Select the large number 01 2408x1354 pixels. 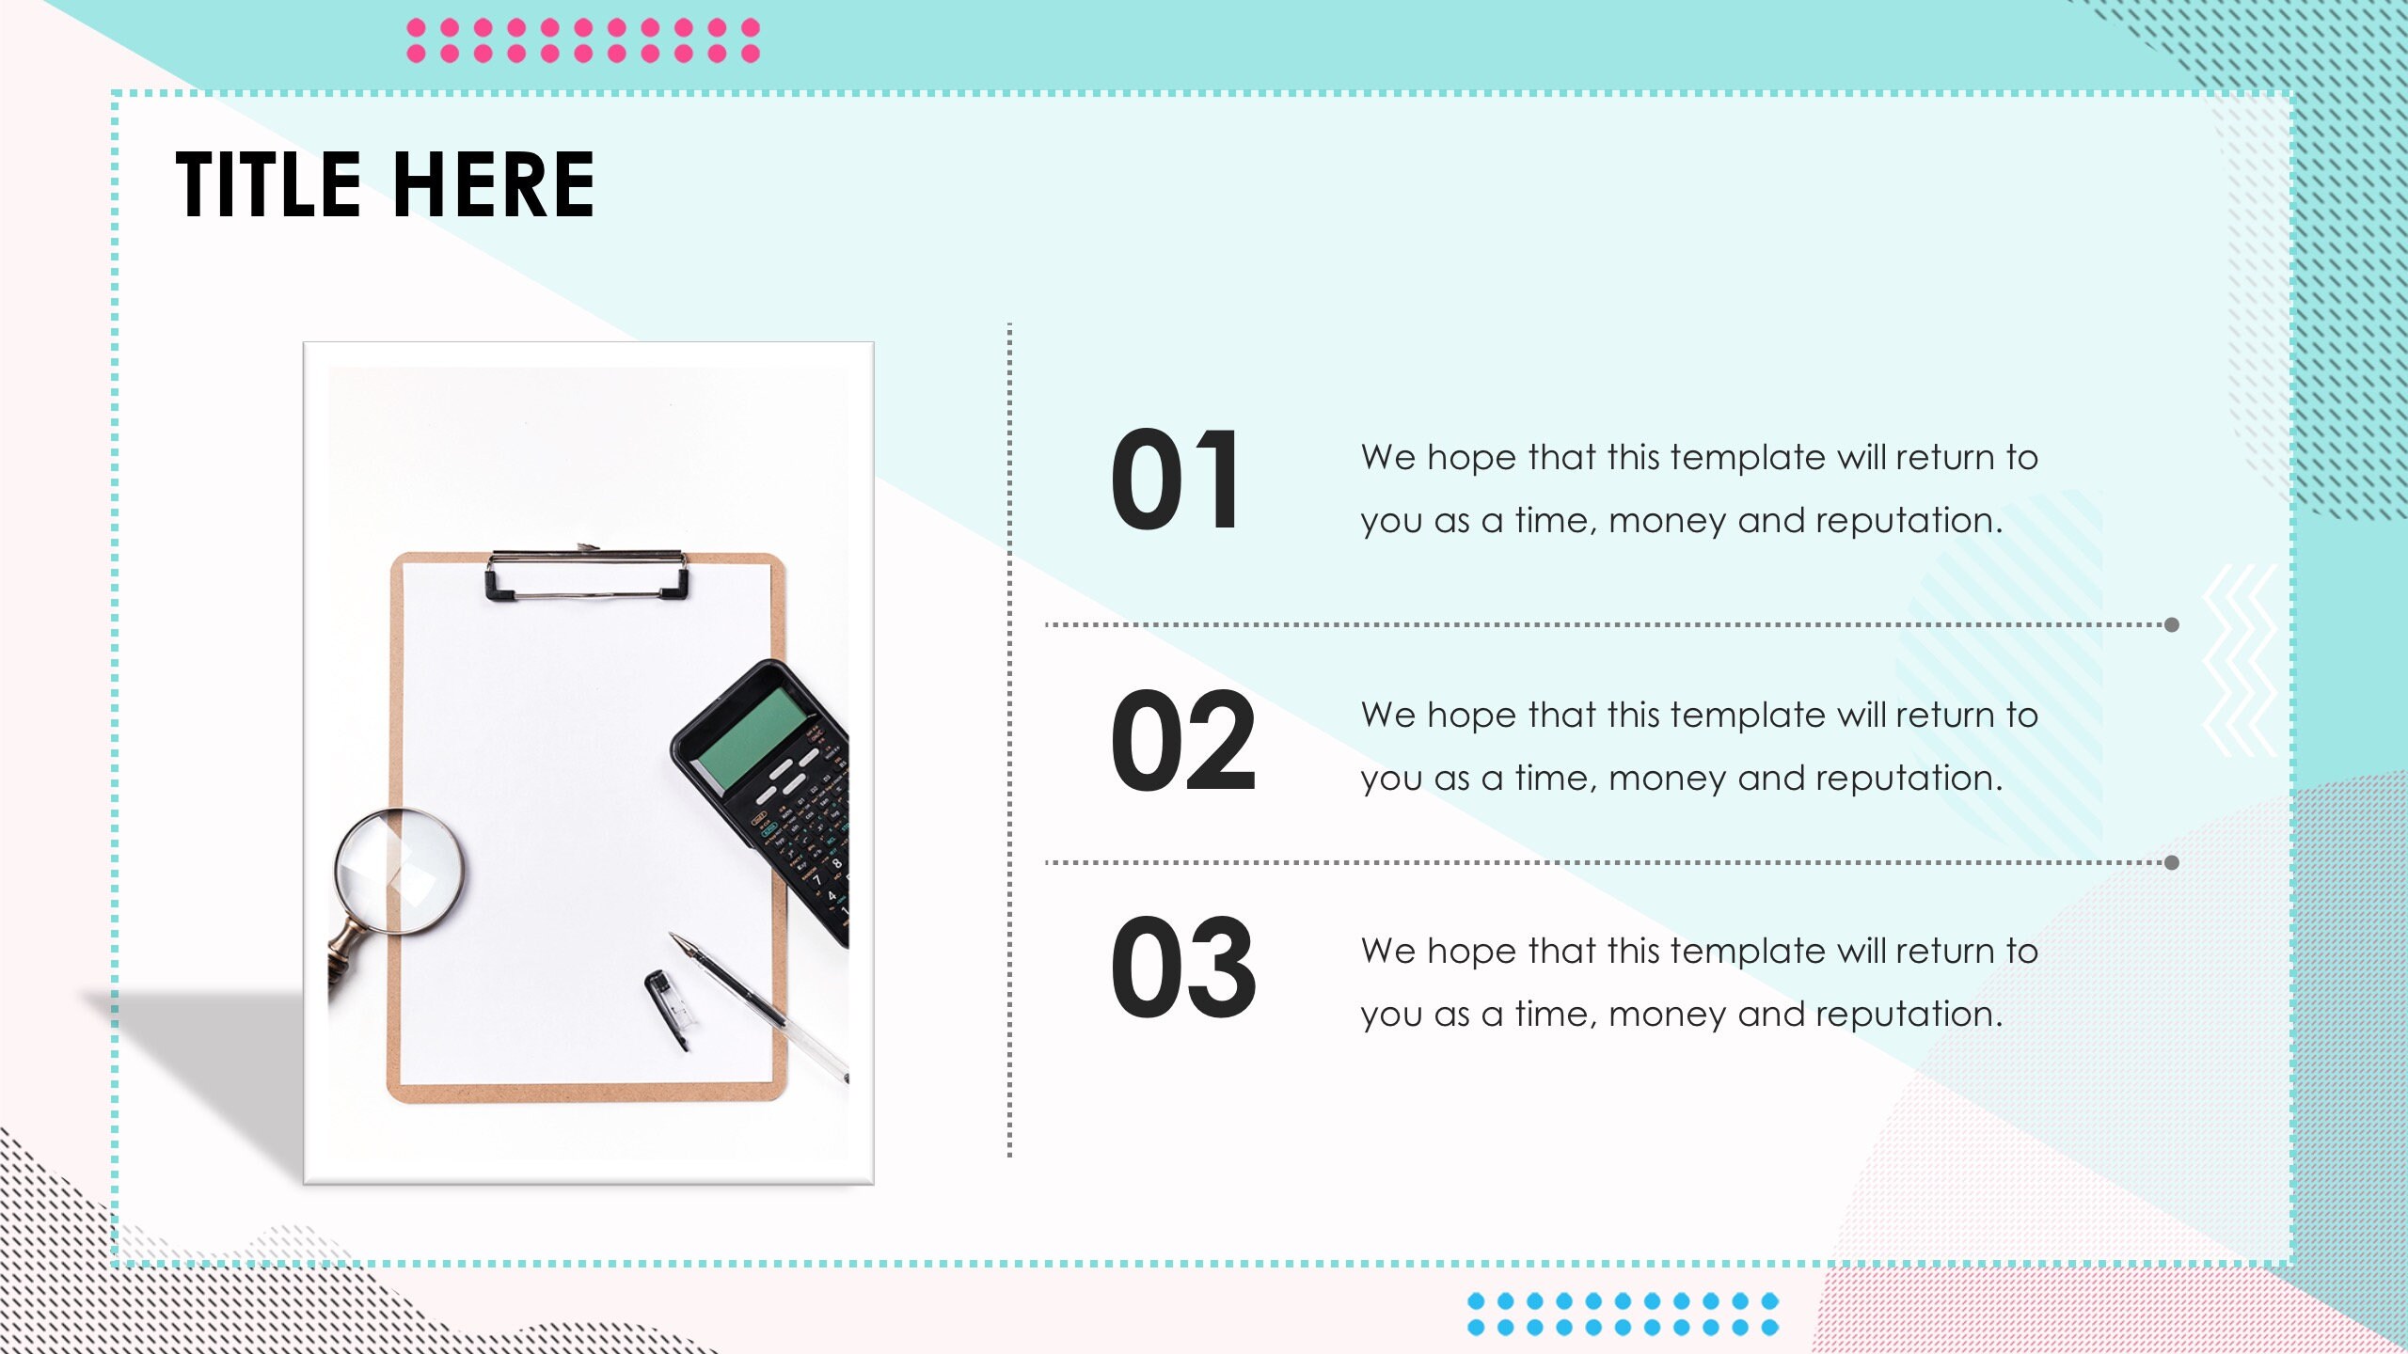tap(1176, 480)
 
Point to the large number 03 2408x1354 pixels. tap(1182, 968)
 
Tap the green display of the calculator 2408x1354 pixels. tap(750, 738)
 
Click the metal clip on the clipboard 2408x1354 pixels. tap(587, 574)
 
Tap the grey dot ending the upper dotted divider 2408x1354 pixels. tap(2172, 624)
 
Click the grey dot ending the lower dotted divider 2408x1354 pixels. tap(2172, 862)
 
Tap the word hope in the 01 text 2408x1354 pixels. tap(1471, 458)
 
